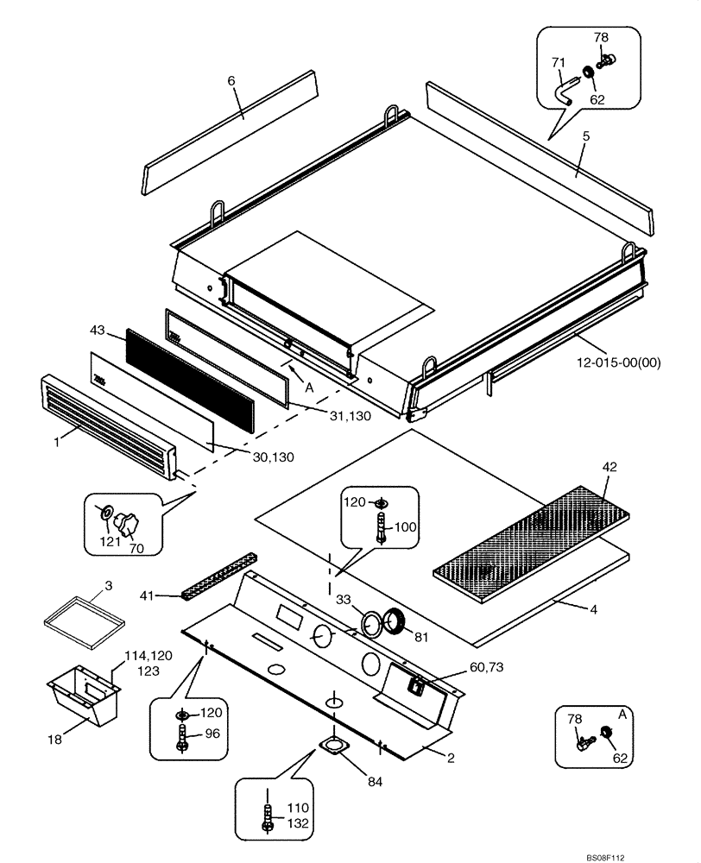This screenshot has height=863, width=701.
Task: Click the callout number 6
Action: click(231, 80)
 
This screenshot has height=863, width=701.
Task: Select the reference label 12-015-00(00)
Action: click(616, 362)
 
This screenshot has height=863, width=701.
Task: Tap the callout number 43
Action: click(98, 330)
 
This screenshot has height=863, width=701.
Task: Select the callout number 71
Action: click(558, 62)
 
